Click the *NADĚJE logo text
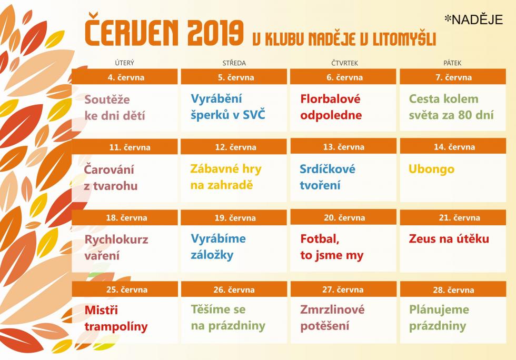point(473,20)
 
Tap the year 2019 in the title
point(215,33)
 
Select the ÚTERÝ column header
point(125,63)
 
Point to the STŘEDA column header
point(234,63)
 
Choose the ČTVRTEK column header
point(344,63)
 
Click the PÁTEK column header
point(452,63)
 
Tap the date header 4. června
point(126,77)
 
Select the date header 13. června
point(343,147)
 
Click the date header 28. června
point(453,290)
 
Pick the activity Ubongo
point(431,169)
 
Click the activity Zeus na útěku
point(449,238)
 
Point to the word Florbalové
point(331,99)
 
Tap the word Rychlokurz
point(116,239)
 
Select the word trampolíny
point(116,326)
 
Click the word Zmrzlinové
point(332,309)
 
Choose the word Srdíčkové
point(328,169)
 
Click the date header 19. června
point(235,217)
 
